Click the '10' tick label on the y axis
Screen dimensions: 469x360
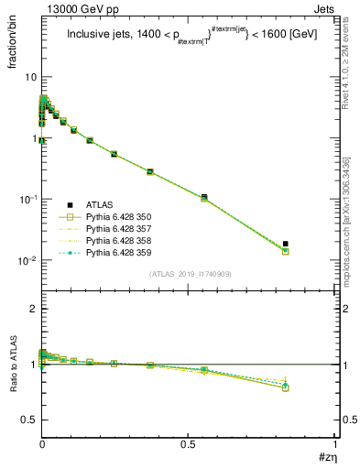(29, 77)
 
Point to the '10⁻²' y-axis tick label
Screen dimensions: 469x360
(27, 260)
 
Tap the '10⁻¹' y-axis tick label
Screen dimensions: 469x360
(27, 199)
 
